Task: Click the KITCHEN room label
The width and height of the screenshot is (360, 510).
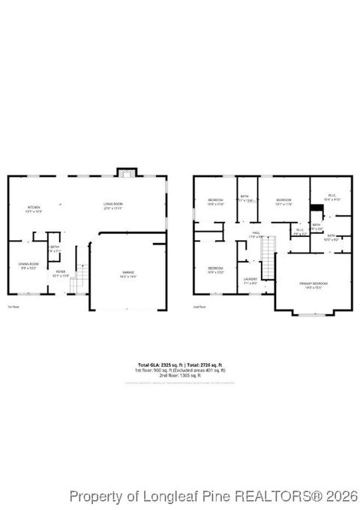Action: pyautogui.click(x=34, y=208)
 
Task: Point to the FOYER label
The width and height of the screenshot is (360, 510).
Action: pyautogui.click(x=61, y=272)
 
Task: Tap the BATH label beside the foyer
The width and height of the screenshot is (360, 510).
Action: pyautogui.click(x=55, y=247)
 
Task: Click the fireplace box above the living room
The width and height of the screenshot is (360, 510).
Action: pyautogui.click(x=127, y=172)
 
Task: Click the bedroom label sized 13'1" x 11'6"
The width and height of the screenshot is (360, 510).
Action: pyautogui.click(x=283, y=201)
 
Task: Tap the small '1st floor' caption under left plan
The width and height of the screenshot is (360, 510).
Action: pyautogui.click(x=13, y=307)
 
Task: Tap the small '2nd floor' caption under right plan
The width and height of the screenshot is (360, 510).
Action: pyautogui.click(x=199, y=307)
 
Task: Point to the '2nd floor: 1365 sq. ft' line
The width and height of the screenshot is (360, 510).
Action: pyautogui.click(x=179, y=376)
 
